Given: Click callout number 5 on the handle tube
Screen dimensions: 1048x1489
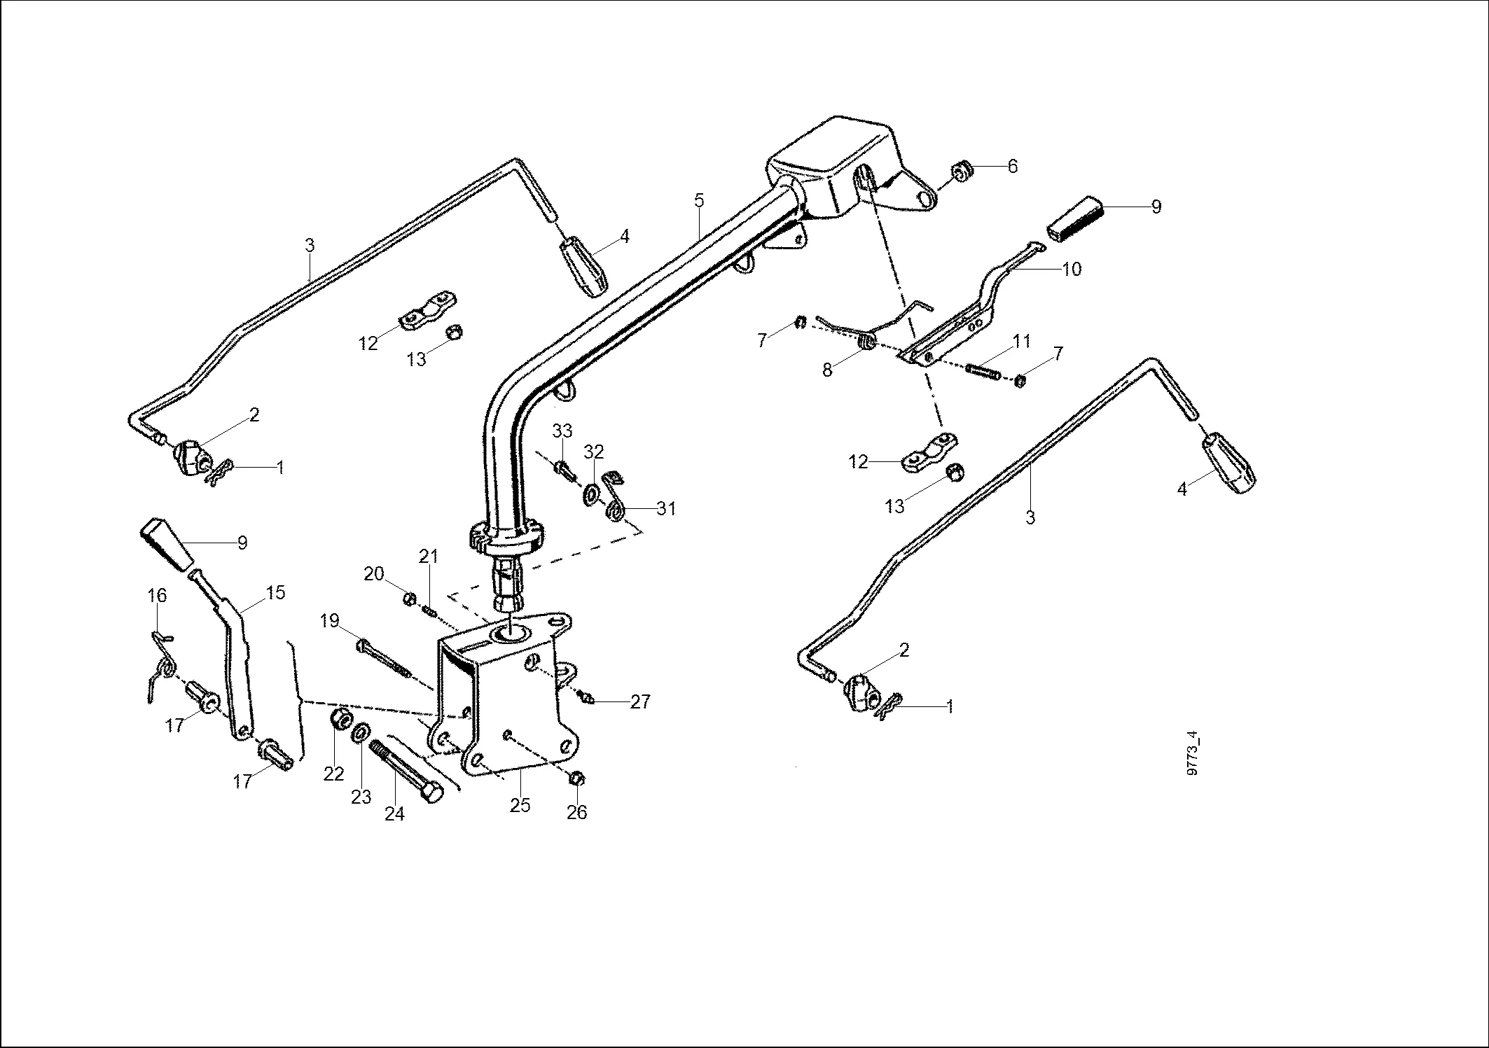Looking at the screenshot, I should (699, 200).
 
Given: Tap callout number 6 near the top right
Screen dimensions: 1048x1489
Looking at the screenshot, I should (1012, 167).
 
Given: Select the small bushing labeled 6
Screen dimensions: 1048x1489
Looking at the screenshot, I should (960, 171).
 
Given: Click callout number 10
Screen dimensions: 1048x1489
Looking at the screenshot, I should (1072, 269).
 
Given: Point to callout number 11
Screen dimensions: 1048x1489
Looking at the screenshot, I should (1021, 342).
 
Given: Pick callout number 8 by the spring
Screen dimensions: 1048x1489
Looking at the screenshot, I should (827, 370).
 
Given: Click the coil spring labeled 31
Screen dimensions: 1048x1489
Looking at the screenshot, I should (614, 510).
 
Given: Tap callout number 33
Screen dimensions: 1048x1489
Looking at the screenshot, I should (562, 430).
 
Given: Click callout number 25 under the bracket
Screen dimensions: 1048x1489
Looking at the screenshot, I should (520, 805).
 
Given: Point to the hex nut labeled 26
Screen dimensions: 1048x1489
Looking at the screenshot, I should (578, 779).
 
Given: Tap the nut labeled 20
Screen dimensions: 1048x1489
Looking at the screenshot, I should (411, 599).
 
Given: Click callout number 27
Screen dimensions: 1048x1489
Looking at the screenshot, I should (640, 701).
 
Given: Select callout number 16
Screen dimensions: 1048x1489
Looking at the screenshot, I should (157, 596).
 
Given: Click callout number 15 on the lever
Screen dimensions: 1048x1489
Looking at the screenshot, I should (276, 592).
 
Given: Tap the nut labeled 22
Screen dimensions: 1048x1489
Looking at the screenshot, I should (341, 719).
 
